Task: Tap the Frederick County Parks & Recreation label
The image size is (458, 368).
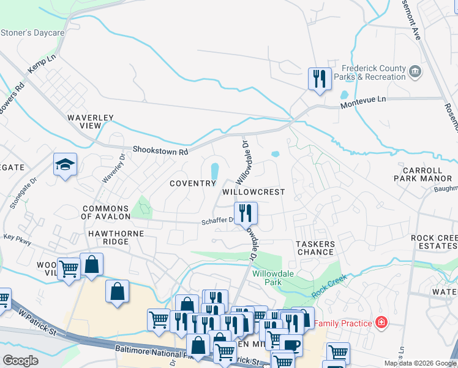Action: (x=374, y=73)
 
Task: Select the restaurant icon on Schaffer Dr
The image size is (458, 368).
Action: (x=246, y=213)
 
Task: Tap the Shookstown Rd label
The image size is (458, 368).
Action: (x=159, y=151)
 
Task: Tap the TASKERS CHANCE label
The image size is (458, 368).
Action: (x=316, y=248)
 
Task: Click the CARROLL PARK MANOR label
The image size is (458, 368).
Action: (x=427, y=174)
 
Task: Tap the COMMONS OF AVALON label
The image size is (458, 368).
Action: (x=106, y=212)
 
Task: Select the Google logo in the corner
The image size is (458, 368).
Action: (x=20, y=361)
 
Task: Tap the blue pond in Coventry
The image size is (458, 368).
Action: (x=215, y=172)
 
